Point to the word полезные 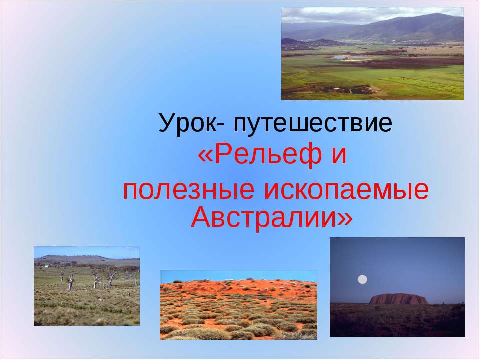(x=188, y=191)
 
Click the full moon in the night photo (x=363, y=279)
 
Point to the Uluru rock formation (x=398, y=298)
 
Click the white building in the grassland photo (x=46, y=266)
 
